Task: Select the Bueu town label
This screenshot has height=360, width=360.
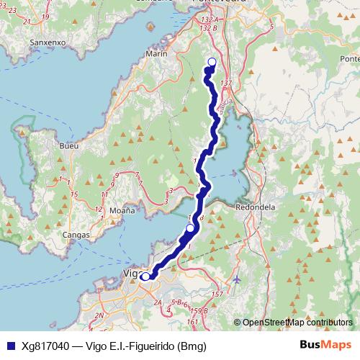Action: pos(70,145)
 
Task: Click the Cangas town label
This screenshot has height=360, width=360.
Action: pos(76,235)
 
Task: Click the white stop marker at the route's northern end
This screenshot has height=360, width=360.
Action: pos(212,62)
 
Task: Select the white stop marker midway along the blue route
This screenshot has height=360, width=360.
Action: pos(190,228)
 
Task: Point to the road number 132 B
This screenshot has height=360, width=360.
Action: pos(210,28)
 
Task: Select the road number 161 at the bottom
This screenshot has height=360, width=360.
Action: pos(192,321)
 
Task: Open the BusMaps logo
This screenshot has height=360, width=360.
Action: pos(325,346)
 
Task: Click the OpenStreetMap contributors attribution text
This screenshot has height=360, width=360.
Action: pos(297,323)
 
